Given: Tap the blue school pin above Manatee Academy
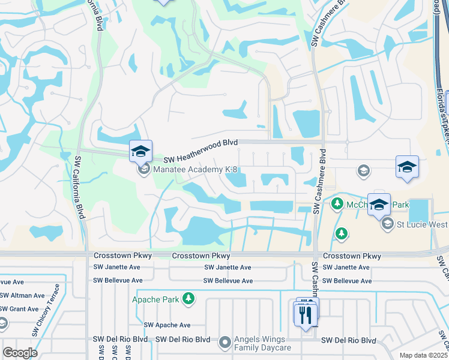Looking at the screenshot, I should pos(140,151).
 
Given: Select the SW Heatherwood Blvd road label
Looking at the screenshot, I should pos(202,143).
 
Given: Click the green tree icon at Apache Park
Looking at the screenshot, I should pos(189,298).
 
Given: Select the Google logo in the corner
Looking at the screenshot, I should pos(20,352).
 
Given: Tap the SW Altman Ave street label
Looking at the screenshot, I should pos(22,295).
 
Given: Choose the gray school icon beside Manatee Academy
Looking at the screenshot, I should pos(143,170).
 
